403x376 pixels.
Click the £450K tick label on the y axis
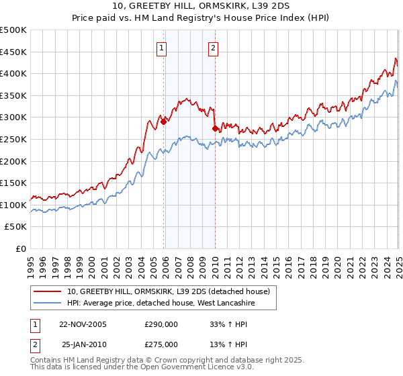pyautogui.click(x=13, y=52)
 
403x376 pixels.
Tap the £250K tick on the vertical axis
pyautogui.click(x=13, y=139)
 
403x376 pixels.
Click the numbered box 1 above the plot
pyautogui.click(x=163, y=48)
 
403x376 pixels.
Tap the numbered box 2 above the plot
pyautogui.click(x=213, y=48)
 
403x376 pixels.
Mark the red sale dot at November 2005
pyautogui.click(x=164, y=122)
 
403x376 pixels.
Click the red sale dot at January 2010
pyautogui.click(x=215, y=128)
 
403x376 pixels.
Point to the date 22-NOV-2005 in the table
pyautogui.click(x=83, y=324)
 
